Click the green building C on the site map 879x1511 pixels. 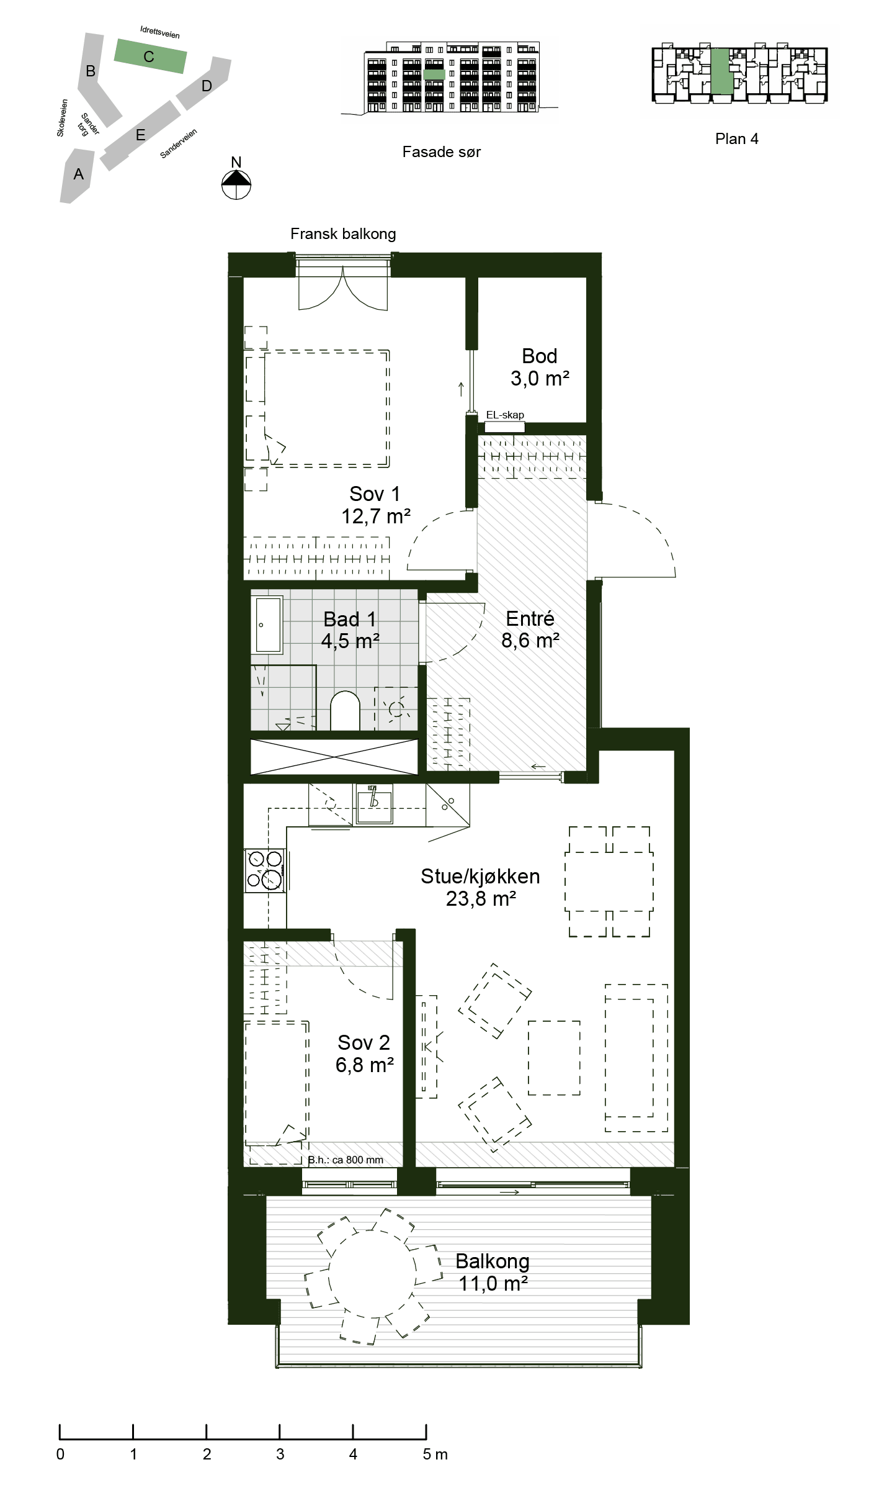150,56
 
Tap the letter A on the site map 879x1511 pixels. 78,174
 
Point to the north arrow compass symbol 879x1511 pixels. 236,184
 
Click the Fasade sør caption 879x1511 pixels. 442,152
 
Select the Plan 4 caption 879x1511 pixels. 737,138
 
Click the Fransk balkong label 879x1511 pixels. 343,234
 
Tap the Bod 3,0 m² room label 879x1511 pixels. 540,367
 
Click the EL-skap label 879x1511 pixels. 505,415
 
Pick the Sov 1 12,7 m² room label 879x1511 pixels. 375,505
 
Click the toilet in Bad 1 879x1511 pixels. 345,711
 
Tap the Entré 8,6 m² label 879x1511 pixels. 530,629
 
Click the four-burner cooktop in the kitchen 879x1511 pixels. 265,870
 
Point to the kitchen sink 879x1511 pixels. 375,803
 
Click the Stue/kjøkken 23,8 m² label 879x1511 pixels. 480,887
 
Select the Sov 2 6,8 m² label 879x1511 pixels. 364,1053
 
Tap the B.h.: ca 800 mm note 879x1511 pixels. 346,1160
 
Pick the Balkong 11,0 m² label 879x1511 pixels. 493,1272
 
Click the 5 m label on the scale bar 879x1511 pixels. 435,1454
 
